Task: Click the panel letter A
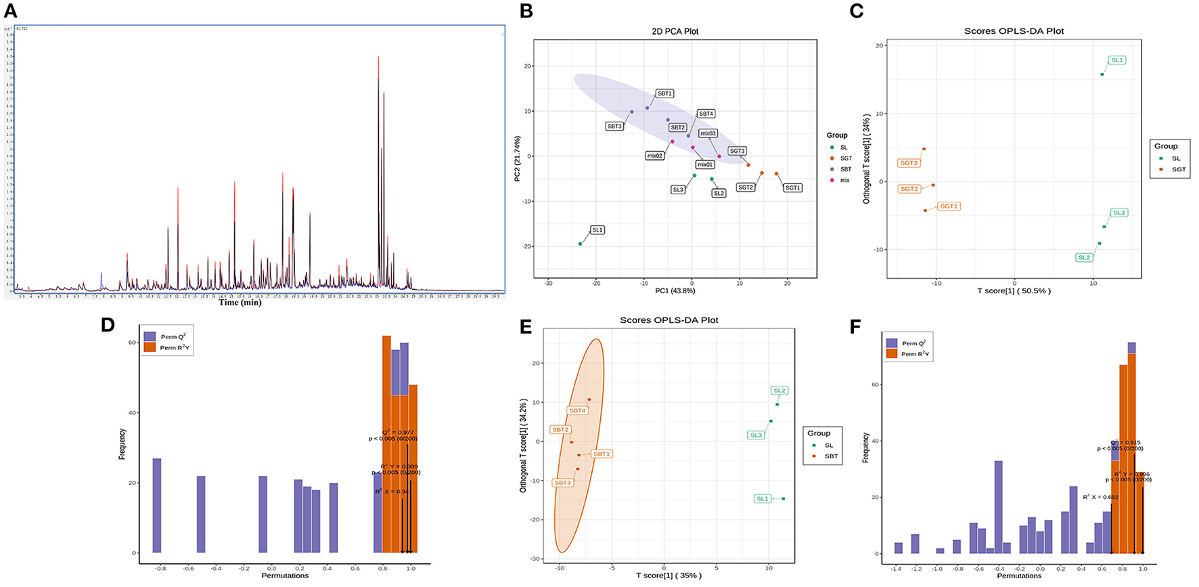coord(10,11)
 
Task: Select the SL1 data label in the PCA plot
coord(597,230)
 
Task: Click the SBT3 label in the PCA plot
coord(614,127)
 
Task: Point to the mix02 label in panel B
coord(654,156)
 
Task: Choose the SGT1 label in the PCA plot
coord(792,188)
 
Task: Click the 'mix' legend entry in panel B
coord(844,180)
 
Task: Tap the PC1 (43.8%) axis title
coord(675,291)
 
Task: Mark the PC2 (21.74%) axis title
coord(518,159)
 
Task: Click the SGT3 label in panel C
coord(909,163)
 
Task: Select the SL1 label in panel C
coord(1116,60)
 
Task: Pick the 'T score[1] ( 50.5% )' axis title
coord(1014,291)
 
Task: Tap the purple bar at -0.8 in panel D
coord(157,505)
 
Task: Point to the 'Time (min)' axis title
coord(240,302)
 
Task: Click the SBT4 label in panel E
coord(577,411)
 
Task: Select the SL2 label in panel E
coord(779,391)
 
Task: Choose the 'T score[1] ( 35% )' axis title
coord(669,575)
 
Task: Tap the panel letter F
coord(855,327)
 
